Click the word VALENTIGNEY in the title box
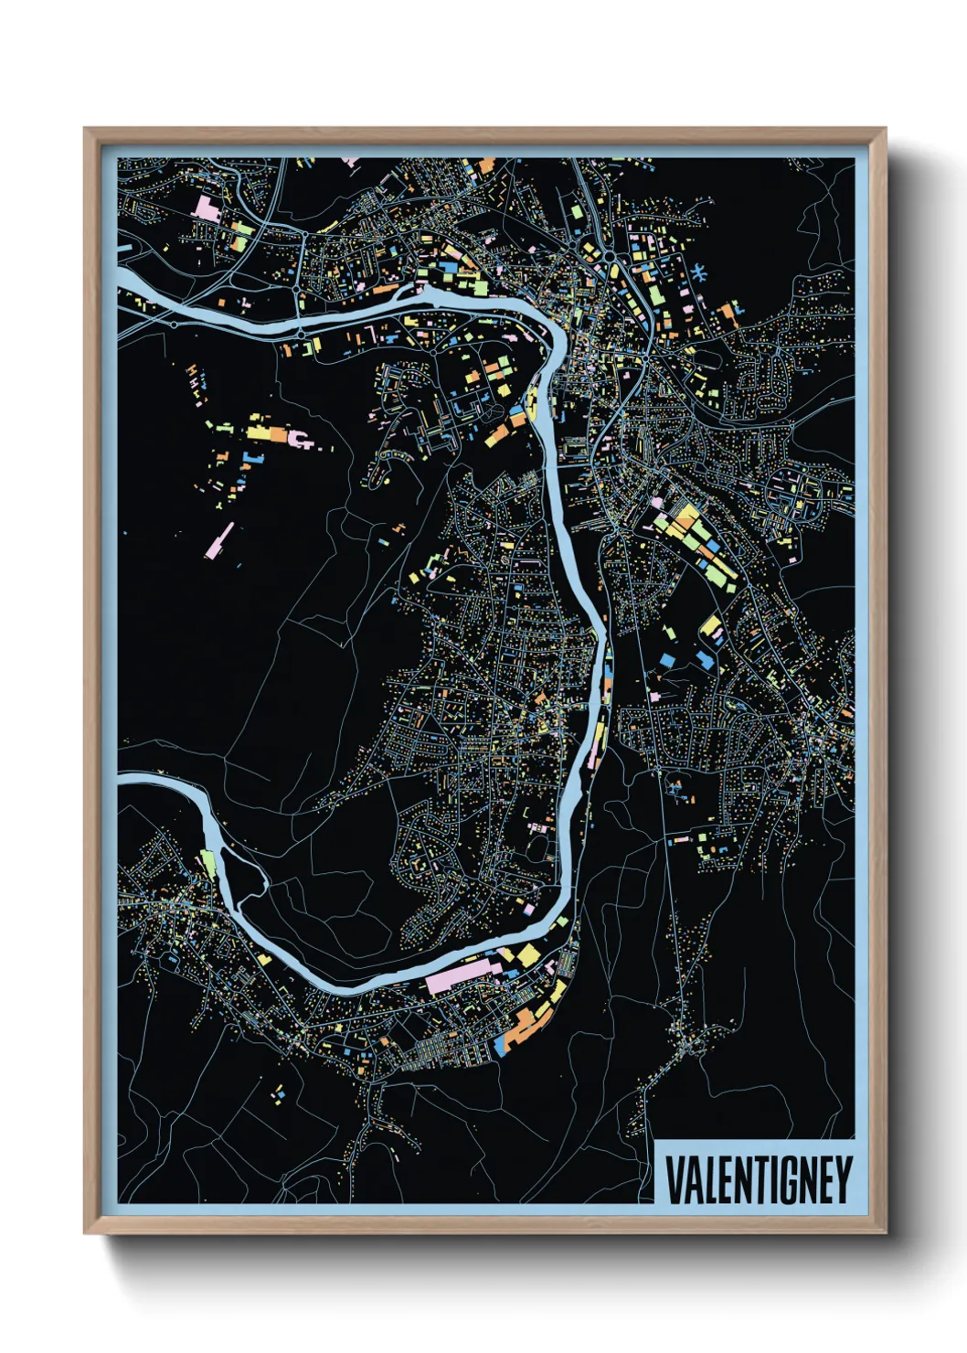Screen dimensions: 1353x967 click(x=758, y=1180)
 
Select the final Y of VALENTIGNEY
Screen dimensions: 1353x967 click(x=844, y=1180)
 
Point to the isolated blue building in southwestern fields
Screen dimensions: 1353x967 click(x=282, y=1093)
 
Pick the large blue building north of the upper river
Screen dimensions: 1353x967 click(x=448, y=266)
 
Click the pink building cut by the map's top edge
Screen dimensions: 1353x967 click(x=349, y=162)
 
